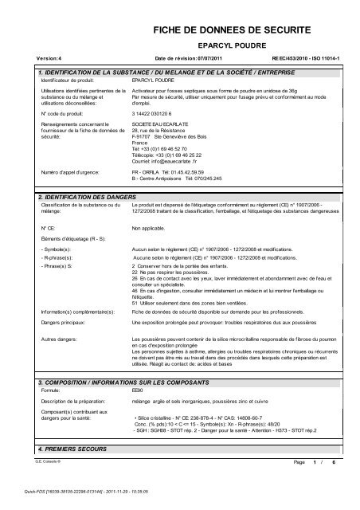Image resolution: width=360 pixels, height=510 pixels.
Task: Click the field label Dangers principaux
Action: (65, 323)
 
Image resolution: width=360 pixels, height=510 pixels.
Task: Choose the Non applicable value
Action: (149, 227)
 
